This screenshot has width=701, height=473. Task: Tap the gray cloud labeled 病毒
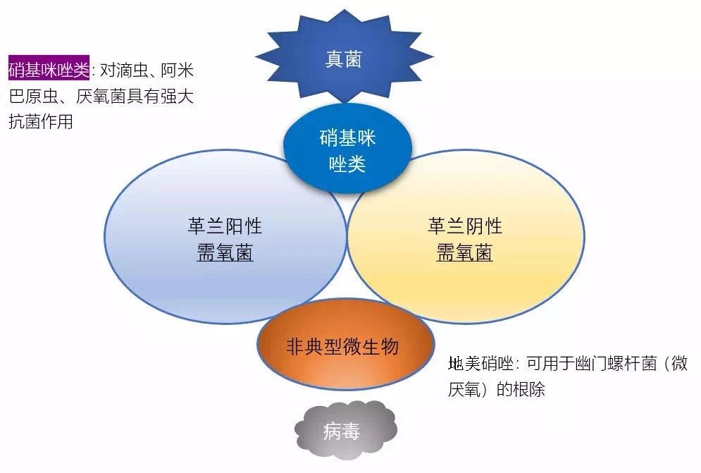pos(345,430)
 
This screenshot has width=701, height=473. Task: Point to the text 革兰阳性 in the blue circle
pos(225,226)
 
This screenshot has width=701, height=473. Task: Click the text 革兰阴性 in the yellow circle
pos(465,226)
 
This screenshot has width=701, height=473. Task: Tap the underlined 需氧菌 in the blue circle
pos(225,253)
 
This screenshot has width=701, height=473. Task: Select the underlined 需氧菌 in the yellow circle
pos(464,253)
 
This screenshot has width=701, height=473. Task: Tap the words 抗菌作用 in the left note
pos(41,121)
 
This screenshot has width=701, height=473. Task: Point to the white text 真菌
pos(343,59)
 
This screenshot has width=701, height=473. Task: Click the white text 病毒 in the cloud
pos(342,431)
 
